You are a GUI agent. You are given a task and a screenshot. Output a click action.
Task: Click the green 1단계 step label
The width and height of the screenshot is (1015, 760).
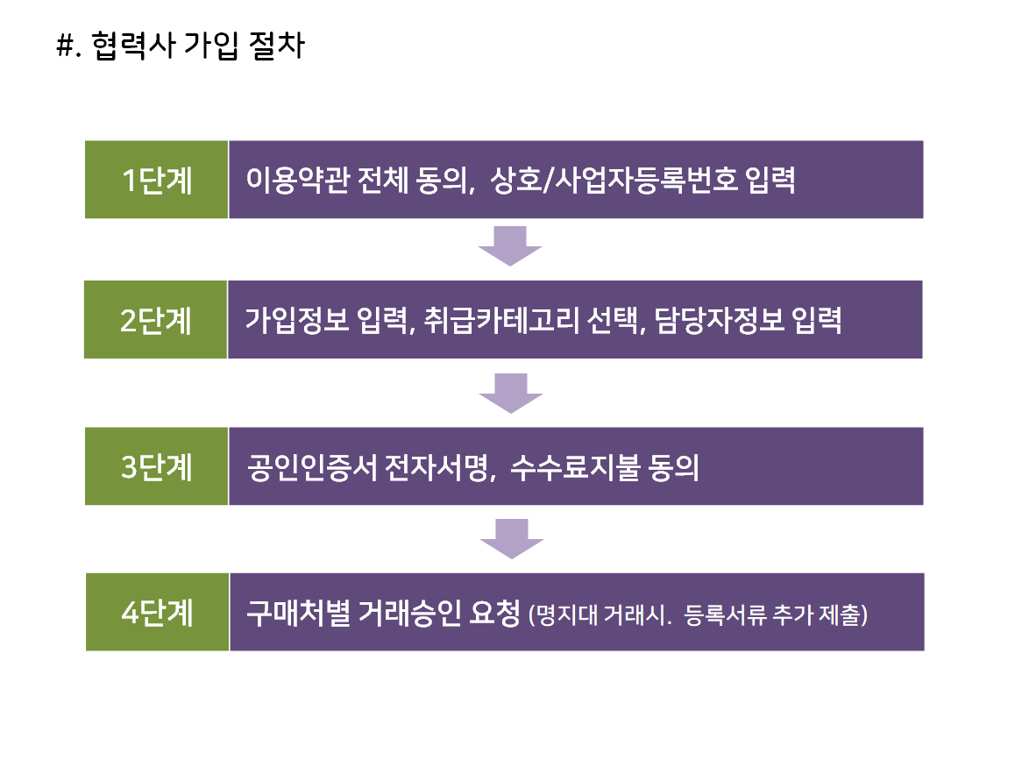[157, 180]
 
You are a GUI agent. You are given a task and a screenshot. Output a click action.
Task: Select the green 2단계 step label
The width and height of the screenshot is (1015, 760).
[156, 319]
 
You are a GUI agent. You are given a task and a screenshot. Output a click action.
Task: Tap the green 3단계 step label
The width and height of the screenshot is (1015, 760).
[157, 466]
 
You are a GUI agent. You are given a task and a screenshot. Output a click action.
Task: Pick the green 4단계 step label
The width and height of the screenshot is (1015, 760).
[157, 612]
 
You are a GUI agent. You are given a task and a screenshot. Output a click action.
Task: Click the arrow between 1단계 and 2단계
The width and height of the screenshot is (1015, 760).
[510, 246]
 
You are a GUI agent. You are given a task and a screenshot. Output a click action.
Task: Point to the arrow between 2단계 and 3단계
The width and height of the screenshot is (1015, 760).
[511, 393]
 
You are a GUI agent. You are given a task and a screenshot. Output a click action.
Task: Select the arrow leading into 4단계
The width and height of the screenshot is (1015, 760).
[511, 538]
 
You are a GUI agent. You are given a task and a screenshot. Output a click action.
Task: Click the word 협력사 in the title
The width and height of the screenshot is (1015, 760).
[132, 46]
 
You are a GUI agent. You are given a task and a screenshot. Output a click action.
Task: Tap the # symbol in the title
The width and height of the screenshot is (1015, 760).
[65, 46]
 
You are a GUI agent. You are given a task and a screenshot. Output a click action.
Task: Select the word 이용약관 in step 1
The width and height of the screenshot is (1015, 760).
[298, 180]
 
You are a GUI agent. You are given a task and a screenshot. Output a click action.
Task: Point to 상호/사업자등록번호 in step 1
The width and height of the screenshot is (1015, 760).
[614, 180]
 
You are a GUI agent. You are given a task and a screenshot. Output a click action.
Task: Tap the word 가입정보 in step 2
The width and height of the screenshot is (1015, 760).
[297, 320]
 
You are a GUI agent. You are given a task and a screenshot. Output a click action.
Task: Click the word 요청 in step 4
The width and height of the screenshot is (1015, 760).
[495, 613]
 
